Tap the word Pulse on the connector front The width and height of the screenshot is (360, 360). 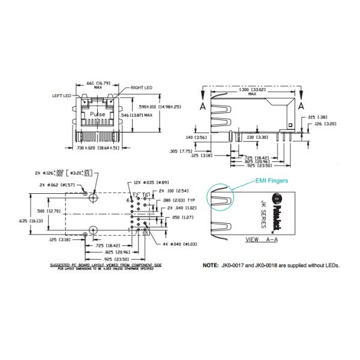[x=97, y=113]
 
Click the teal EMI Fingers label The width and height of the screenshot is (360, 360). [x=272, y=179]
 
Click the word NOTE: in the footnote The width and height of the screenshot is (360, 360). [x=212, y=265]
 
